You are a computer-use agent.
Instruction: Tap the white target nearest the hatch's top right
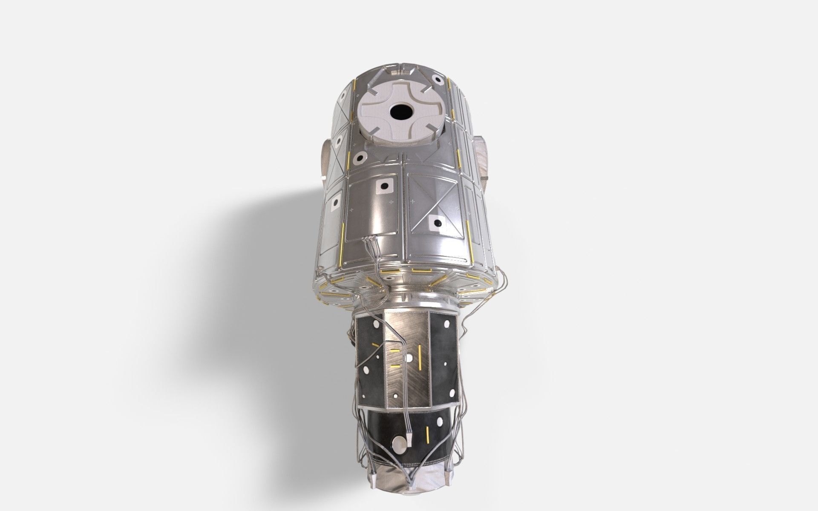(x=438, y=78)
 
